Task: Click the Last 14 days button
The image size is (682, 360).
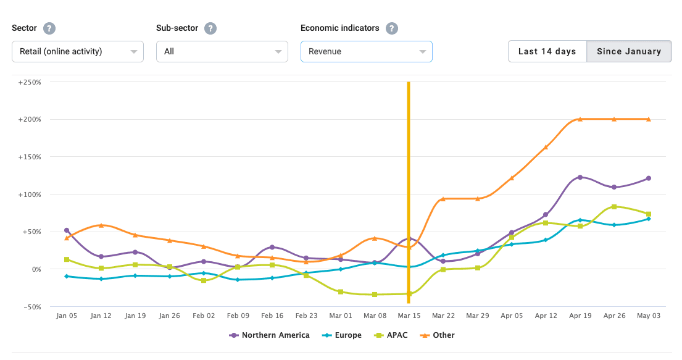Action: click(547, 51)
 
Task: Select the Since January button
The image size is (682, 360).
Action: click(629, 51)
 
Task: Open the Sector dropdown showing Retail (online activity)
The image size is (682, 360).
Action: click(78, 51)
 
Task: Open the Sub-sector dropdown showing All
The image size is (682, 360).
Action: click(222, 51)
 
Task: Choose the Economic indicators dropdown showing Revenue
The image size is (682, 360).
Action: click(367, 51)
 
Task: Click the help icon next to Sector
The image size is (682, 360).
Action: click(49, 28)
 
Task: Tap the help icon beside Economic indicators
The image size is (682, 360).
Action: click(391, 28)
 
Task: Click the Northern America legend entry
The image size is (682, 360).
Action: click(269, 335)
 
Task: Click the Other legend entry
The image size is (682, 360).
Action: click(437, 335)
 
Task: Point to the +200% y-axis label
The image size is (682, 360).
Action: click(30, 119)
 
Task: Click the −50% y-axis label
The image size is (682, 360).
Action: click(30, 307)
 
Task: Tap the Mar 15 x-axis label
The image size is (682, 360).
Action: click(409, 316)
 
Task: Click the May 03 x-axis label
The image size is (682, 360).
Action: click(649, 316)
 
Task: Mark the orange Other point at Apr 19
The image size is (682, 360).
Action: click(580, 119)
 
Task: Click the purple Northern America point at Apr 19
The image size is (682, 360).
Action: click(580, 177)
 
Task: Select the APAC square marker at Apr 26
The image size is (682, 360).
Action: click(614, 207)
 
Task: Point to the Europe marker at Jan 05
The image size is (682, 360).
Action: click(67, 276)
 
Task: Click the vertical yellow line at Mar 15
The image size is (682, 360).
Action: click(409, 154)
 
